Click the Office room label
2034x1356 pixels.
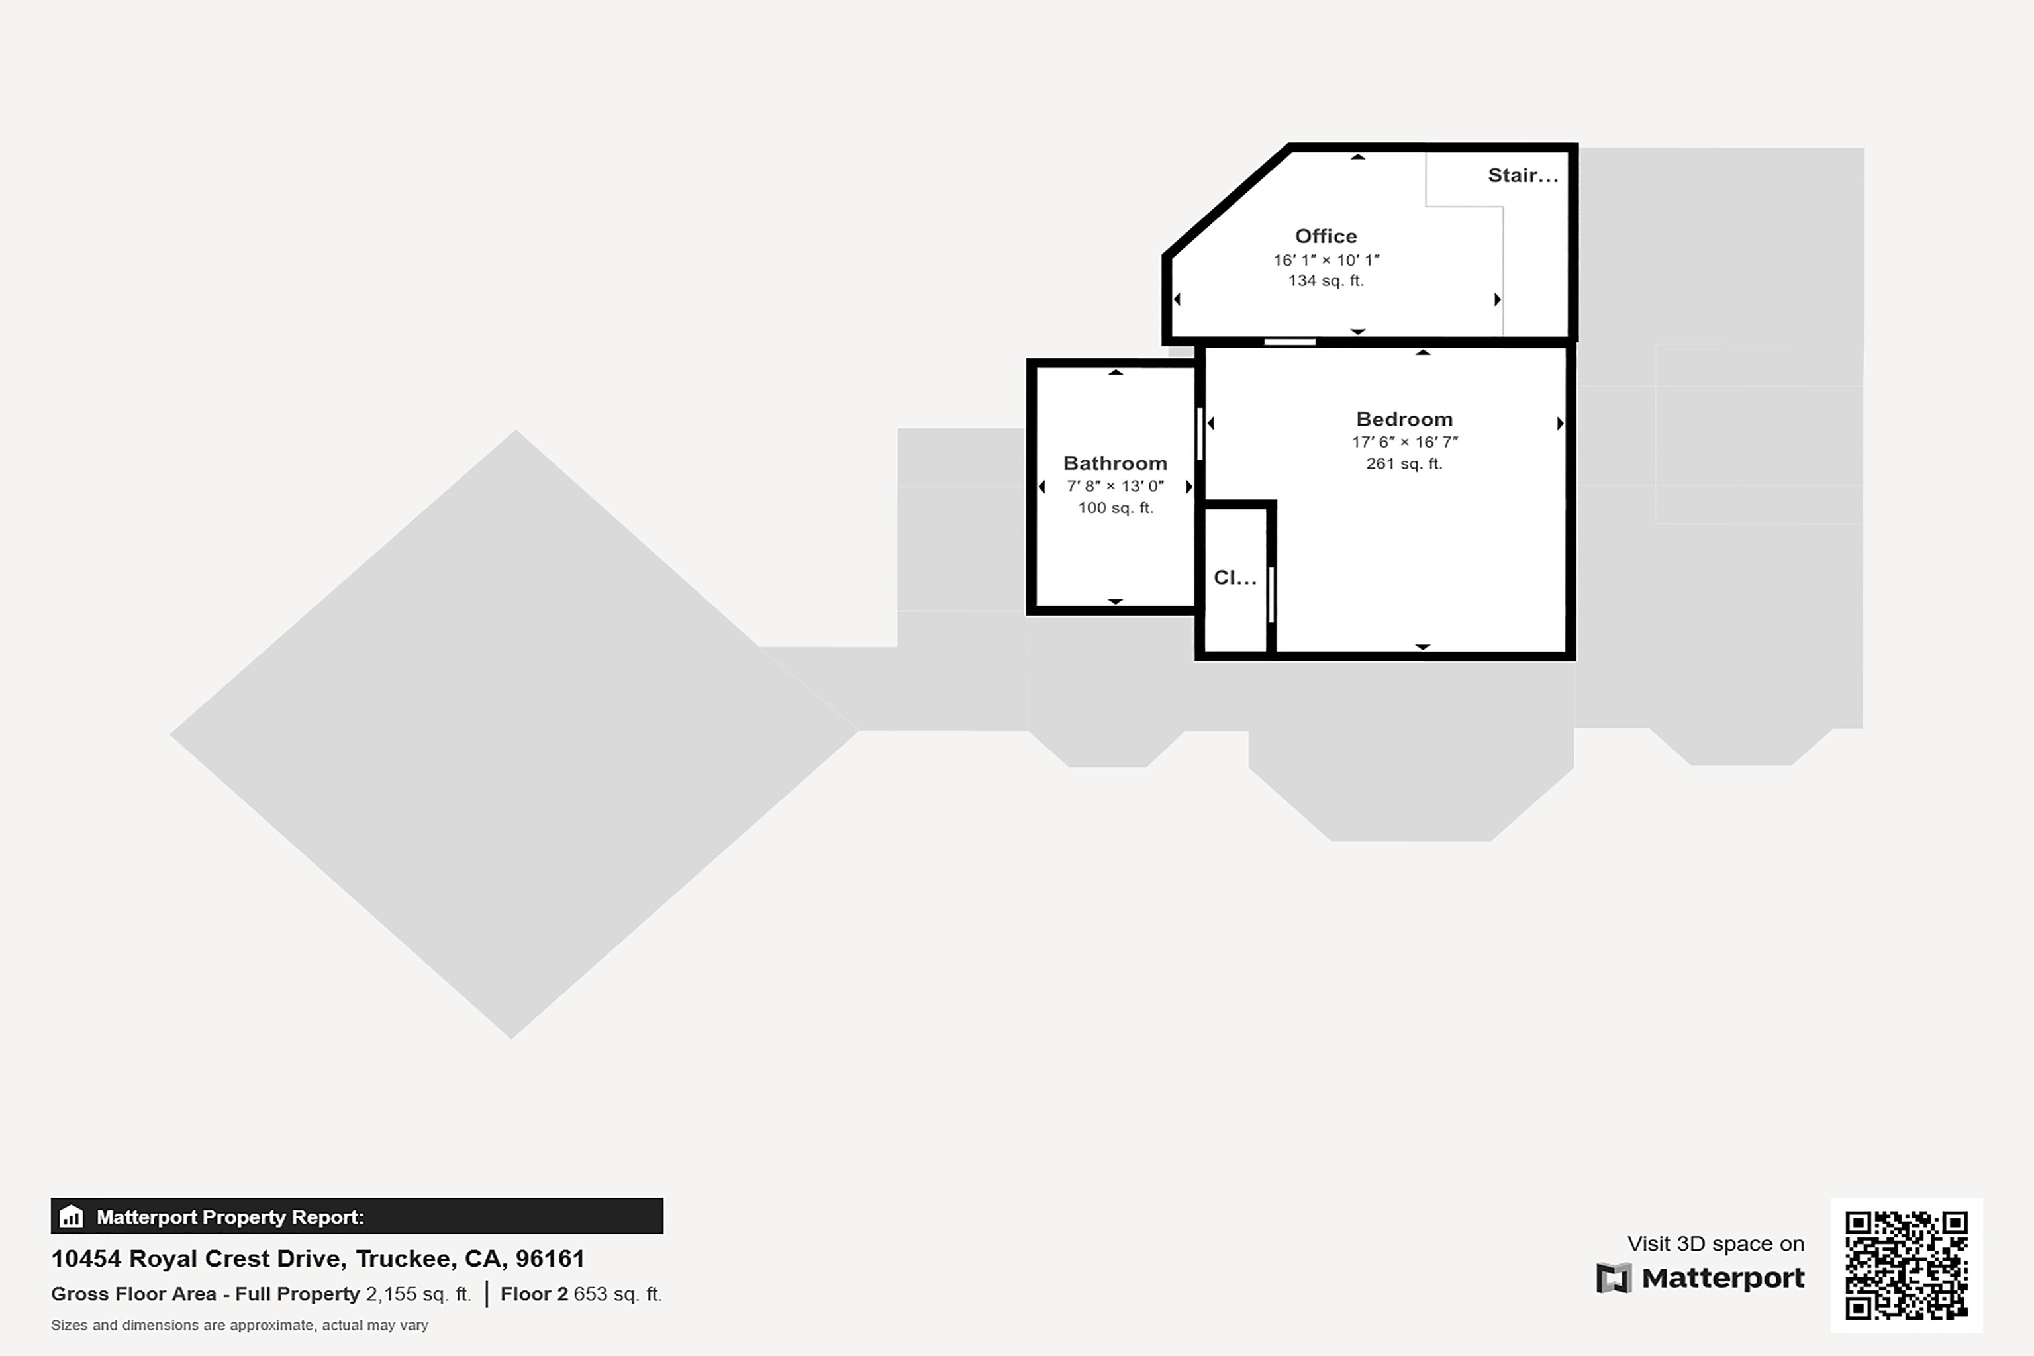click(1326, 236)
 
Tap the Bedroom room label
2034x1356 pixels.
click(1404, 419)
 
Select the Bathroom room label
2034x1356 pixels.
click(1115, 463)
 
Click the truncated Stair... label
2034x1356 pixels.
click(1522, 175)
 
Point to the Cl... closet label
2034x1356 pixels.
click(1234, 577)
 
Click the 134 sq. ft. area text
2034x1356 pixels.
click(1326, 281)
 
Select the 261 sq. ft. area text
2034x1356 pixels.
click(1404, 464)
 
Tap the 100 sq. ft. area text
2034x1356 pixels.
click(1115, 508)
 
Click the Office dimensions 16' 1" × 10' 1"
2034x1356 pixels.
click(1326, 260)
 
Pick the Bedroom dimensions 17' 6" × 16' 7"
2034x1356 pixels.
click(1404, 442)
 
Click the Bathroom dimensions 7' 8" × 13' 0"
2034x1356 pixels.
click(1115, 486)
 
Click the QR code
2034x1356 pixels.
click(1906, 1265)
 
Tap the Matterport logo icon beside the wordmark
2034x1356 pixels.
click(1613, 1278)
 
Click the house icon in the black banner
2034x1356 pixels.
click(71, 1217)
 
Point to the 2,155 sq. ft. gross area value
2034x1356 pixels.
click(418, 1294)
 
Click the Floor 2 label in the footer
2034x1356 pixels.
click(534, 1294)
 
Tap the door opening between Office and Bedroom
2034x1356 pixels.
click(1289, 342)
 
